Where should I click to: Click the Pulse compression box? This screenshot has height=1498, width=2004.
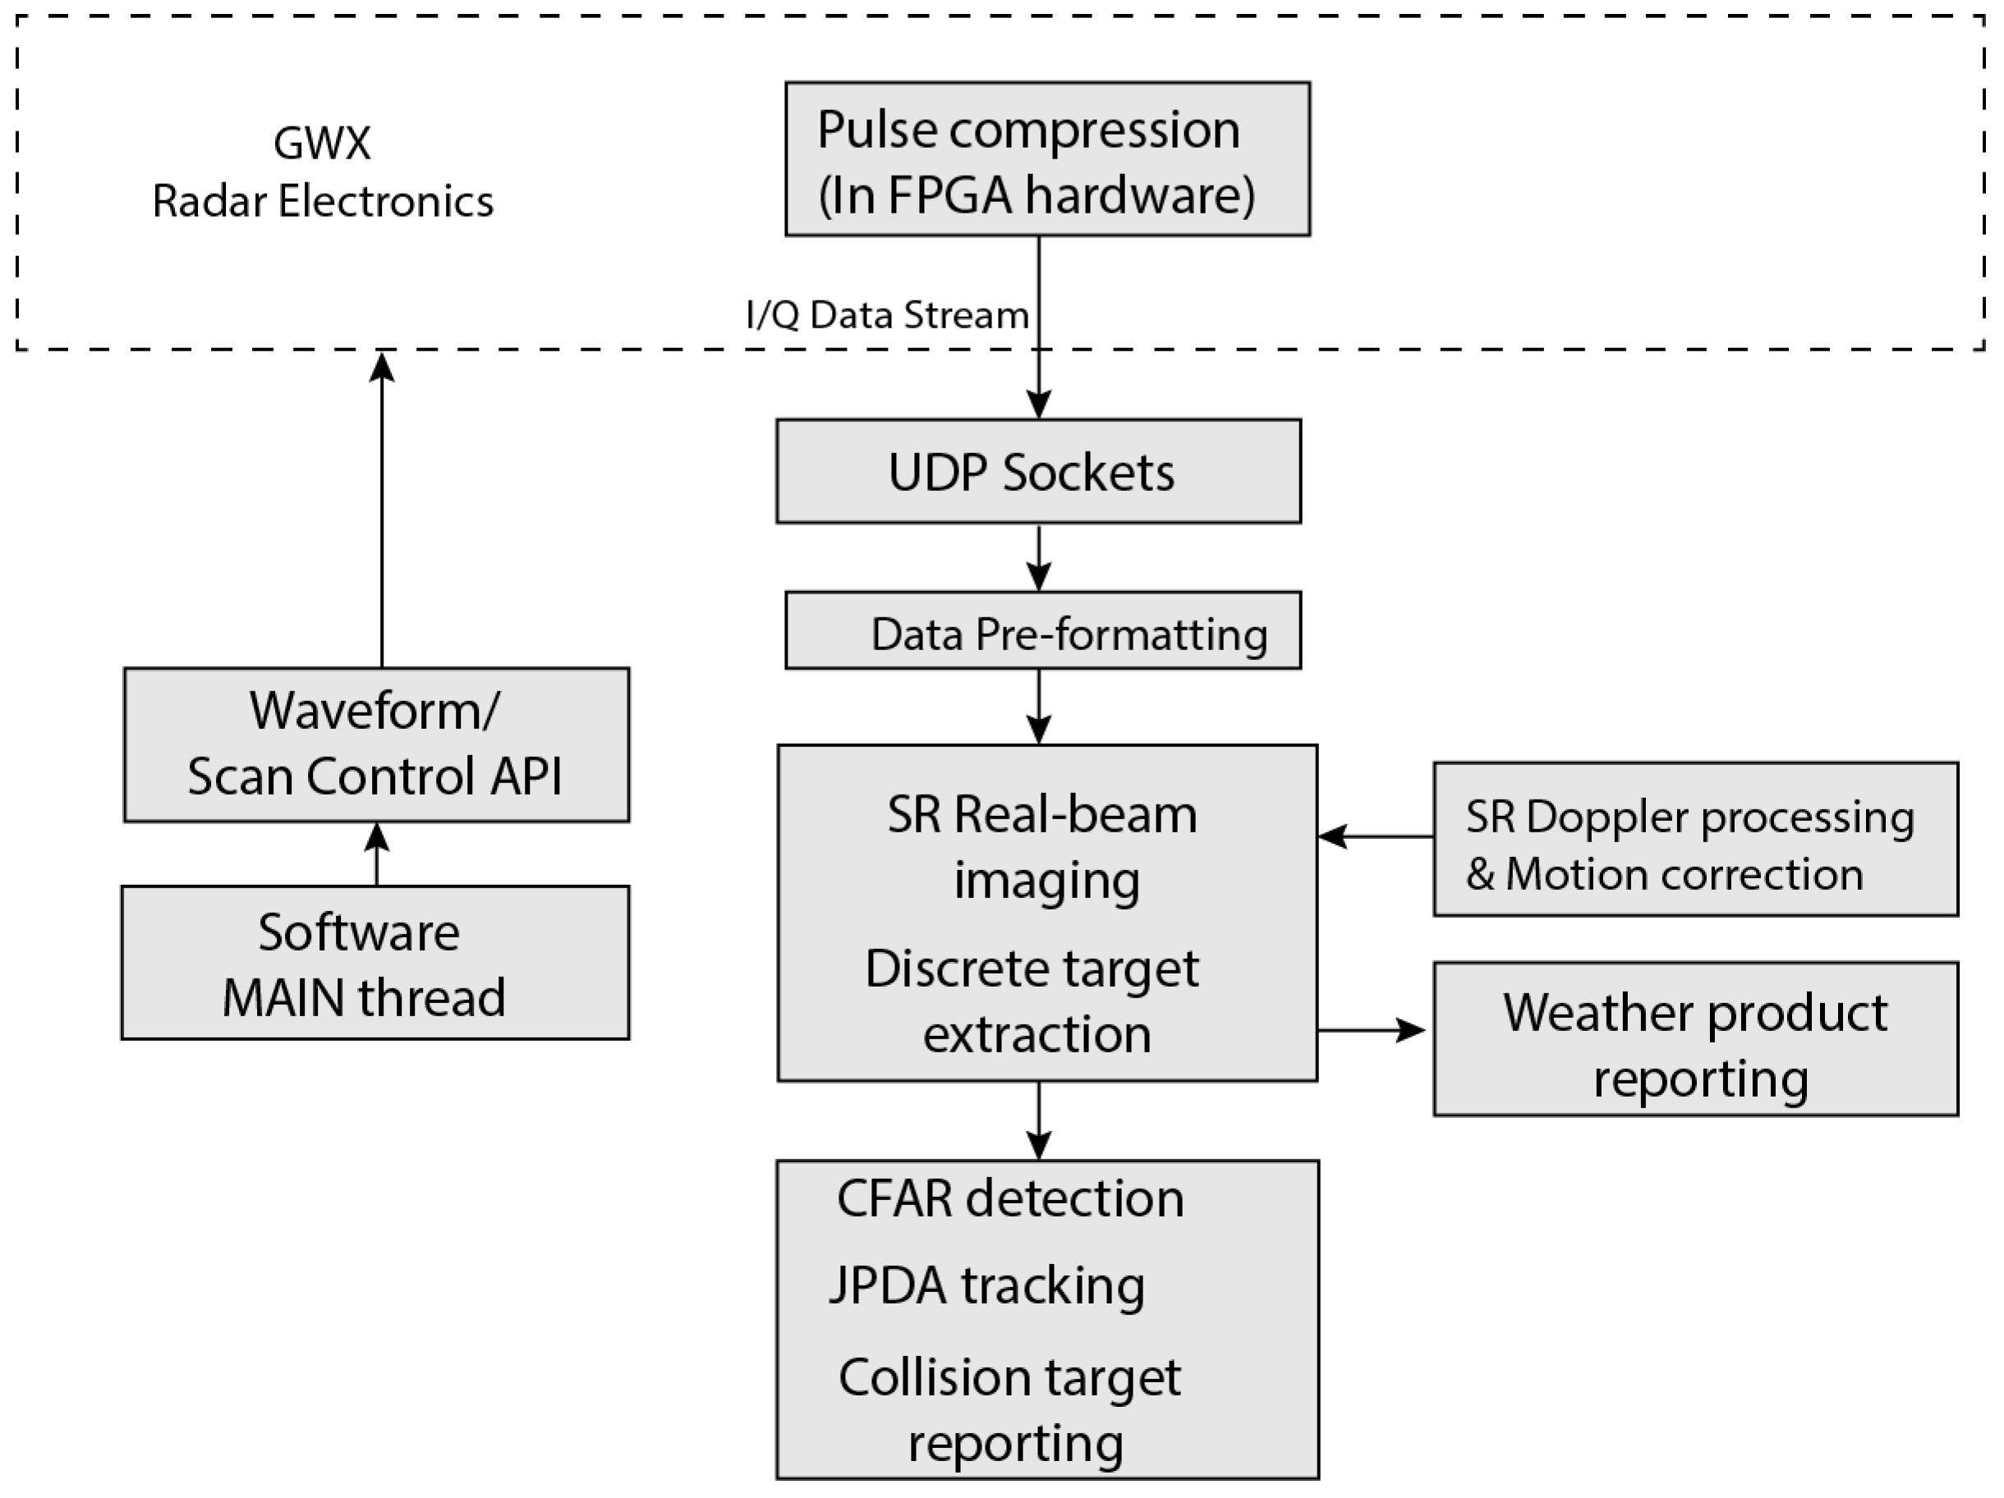coord(1047,159)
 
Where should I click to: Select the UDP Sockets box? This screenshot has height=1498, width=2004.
coord(1038,471)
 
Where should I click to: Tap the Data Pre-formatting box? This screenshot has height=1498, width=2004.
coord(1043,631)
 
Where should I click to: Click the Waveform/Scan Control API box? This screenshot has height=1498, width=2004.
coord(376,744)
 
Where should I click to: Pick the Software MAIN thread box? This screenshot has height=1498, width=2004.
coord(375,963)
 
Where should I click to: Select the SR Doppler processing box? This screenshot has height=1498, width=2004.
coord(1696,840)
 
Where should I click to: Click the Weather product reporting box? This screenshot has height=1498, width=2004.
coord(1696,1039)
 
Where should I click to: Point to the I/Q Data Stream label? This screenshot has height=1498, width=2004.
coord(887,315)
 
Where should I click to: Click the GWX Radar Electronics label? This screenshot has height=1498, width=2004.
coord(323,172)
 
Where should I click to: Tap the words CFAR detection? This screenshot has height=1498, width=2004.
coord(1010,1198)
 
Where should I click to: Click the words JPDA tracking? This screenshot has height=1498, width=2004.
coord(986,1286)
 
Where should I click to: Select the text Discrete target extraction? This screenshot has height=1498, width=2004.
coord(1033,1001)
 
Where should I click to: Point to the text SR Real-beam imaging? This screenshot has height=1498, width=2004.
coord(1043,847)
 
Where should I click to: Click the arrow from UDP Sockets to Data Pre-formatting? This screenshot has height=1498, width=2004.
coord(1038,558)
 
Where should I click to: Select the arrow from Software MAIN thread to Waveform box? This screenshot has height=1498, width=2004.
coord(376,854)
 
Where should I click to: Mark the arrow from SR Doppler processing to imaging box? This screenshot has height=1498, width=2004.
coord(1375,837)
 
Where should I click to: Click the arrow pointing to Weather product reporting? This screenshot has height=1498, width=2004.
coord(1372,1030)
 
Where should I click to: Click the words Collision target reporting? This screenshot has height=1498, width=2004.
coord(1010,1409)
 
